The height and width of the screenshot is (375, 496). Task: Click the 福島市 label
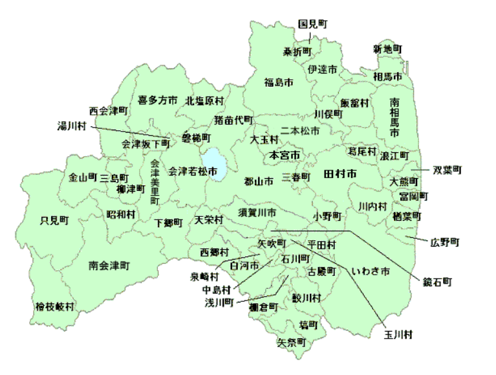(279, 82)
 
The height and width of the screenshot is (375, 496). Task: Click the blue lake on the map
(213, 165)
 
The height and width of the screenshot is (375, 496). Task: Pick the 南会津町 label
(109, 266)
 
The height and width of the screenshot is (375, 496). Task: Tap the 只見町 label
(54, 220)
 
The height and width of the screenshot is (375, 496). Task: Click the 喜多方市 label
(158, 100)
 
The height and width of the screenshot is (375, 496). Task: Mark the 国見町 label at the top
(313, 24)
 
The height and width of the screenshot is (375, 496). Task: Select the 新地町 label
(387, 49)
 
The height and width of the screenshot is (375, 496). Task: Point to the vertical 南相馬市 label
(394, 117)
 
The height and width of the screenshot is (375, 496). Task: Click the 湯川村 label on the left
(72, 126)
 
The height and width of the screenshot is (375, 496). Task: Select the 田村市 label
(340, 175)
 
